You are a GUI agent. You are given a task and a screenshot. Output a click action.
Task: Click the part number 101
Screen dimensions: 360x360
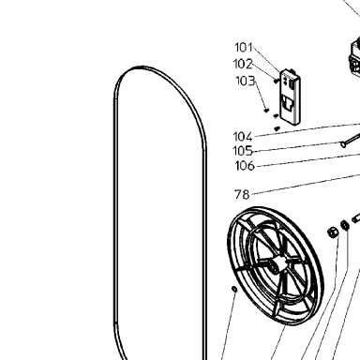(x=244, y=48)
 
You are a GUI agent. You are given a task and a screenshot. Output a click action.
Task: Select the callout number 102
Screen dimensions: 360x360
(x=243, y=64)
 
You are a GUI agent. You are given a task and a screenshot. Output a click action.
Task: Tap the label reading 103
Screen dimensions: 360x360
(x=246, y=81)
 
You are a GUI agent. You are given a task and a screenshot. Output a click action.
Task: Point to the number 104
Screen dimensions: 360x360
(x=243, y=137)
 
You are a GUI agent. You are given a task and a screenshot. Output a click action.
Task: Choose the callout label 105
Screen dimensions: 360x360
(x=243, y=151)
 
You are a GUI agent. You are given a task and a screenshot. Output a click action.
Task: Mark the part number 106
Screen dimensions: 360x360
(x=245, y=166)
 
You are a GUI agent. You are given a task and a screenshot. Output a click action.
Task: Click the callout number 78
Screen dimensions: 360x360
(x=242, y=195)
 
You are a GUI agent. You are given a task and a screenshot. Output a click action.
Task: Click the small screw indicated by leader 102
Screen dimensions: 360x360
(x=276, y=81)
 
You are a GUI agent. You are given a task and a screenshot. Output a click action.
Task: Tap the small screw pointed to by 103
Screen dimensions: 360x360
(x=266, y=110)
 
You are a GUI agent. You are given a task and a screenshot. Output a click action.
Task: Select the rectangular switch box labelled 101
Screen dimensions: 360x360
(x=291, y=97)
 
